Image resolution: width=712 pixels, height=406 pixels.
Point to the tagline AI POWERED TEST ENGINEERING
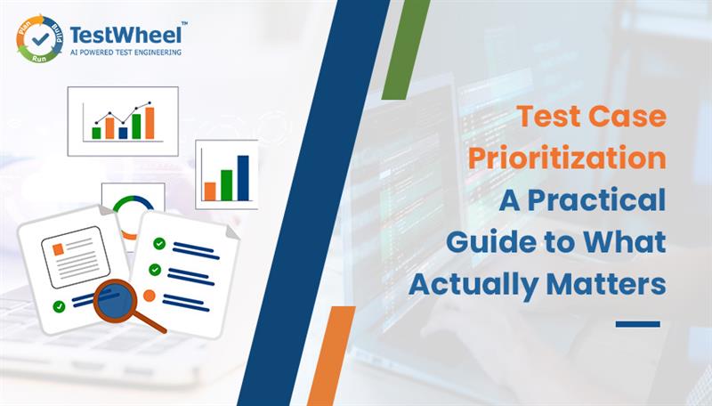(126, 53)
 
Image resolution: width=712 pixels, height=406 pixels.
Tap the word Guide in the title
(481, 241)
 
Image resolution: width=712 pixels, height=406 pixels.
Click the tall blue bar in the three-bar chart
(242, 177)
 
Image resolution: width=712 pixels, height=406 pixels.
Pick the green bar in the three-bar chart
(226, 184)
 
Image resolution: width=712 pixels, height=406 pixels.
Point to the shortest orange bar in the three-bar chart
(210, 191)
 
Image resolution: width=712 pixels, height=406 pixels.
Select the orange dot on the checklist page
(150, 296)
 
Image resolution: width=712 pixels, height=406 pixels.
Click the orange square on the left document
(58, 251)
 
